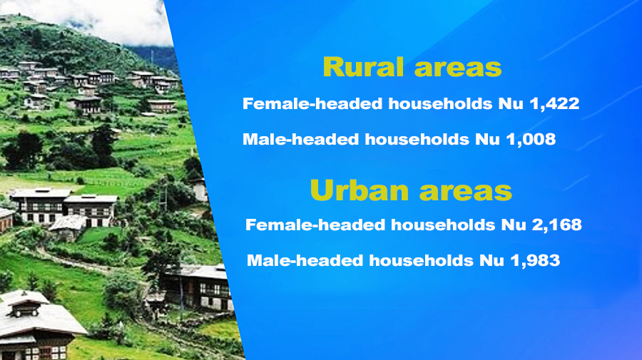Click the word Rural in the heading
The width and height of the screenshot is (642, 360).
tap(364, 67)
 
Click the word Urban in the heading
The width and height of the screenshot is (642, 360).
tap(360, 190)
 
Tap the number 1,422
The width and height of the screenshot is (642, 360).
tap(554, 104)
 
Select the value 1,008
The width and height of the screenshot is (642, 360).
tap(531, 140)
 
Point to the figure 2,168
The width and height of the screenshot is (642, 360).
tap(557, 225)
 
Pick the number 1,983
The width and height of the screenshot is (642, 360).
tap(535, 261)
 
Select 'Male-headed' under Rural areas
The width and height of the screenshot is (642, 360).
tap(300, 139)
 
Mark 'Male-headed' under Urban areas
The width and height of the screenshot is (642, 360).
tap(305, 260)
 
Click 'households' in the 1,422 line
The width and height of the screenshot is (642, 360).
tap(440, 103)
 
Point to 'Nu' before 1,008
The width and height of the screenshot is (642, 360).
tap(487, 140)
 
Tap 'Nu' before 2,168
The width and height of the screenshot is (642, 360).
tap(514, 225)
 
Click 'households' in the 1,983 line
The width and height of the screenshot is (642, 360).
tap(422, 260)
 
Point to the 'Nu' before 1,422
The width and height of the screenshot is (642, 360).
tap(511, 104)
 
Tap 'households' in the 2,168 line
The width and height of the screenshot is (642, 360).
tap(443, 225)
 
